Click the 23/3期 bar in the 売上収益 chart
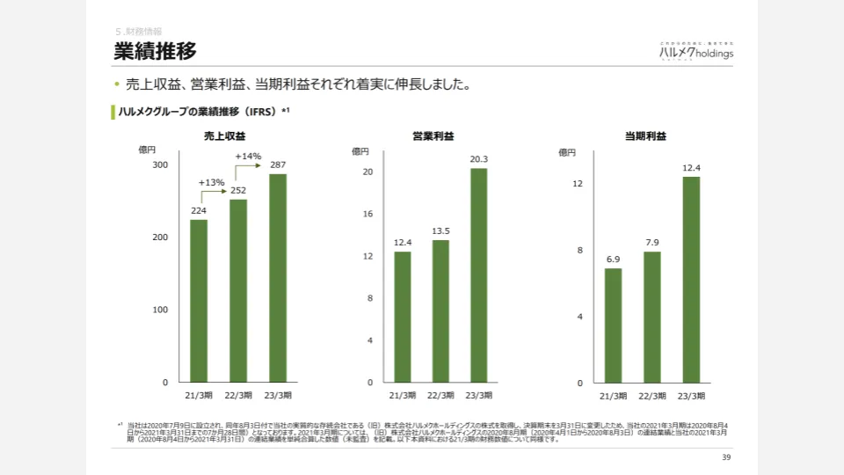[x=278, y=278]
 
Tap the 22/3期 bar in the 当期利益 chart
[x=652, y=317]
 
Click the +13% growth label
[x=212, y=182]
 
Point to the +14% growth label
[x=249, y=157]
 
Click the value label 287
[x=278, y=164]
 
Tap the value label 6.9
[x=613, y=259]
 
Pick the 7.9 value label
[x=652, y=243]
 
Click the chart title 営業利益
[x=433, y=135]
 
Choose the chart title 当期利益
[x=645, y=135]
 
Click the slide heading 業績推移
[x=155, y=51]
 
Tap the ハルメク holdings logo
[x=696, y=52]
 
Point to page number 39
[x=726, y=457]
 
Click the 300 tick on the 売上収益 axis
[x=160, y=165]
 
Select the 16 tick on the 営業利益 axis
[x=369, y=214]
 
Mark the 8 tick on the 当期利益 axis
[x=579, y=251]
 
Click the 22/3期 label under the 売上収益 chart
[x=237, y=396]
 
